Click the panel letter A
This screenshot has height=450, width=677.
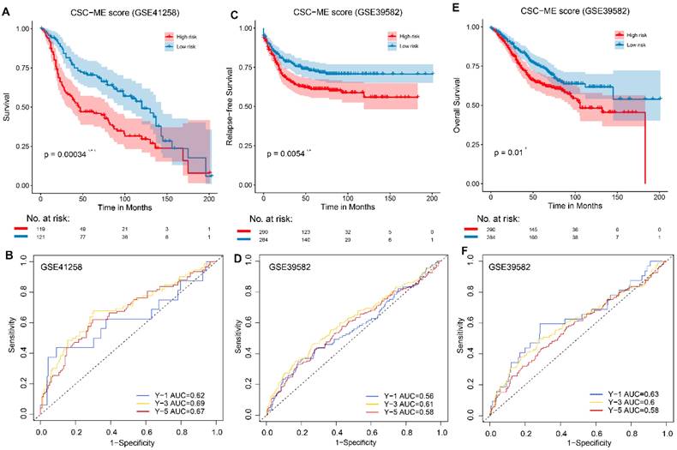point(8,14)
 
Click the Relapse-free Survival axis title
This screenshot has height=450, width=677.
point(232,106)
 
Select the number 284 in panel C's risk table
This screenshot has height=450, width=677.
point(265,239)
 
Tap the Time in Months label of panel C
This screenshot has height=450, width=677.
point(348,206)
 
